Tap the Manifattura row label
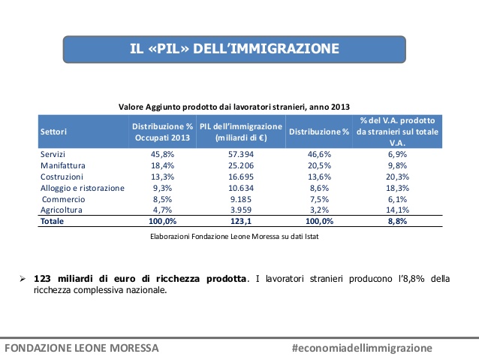pyautogui.click(x=63, y=165)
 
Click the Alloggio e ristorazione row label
pyautogui.click(x=83, y=188)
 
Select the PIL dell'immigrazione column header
pyautogui.click(x=240, y=132)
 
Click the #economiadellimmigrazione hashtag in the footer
pyautogui.click(x=363, y=348)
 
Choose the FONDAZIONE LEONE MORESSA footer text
pyautogui.click(x=81, y=348)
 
